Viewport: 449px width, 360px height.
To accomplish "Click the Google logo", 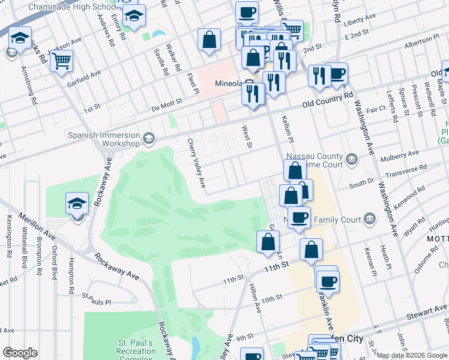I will [20, 353].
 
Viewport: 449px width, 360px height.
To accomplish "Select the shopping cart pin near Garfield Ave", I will [62, 61].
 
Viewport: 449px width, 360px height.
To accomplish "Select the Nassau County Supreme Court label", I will [315, 161].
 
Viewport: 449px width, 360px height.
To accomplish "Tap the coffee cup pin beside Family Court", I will [298, 217].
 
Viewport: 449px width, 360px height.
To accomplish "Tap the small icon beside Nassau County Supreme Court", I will [352, 160].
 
